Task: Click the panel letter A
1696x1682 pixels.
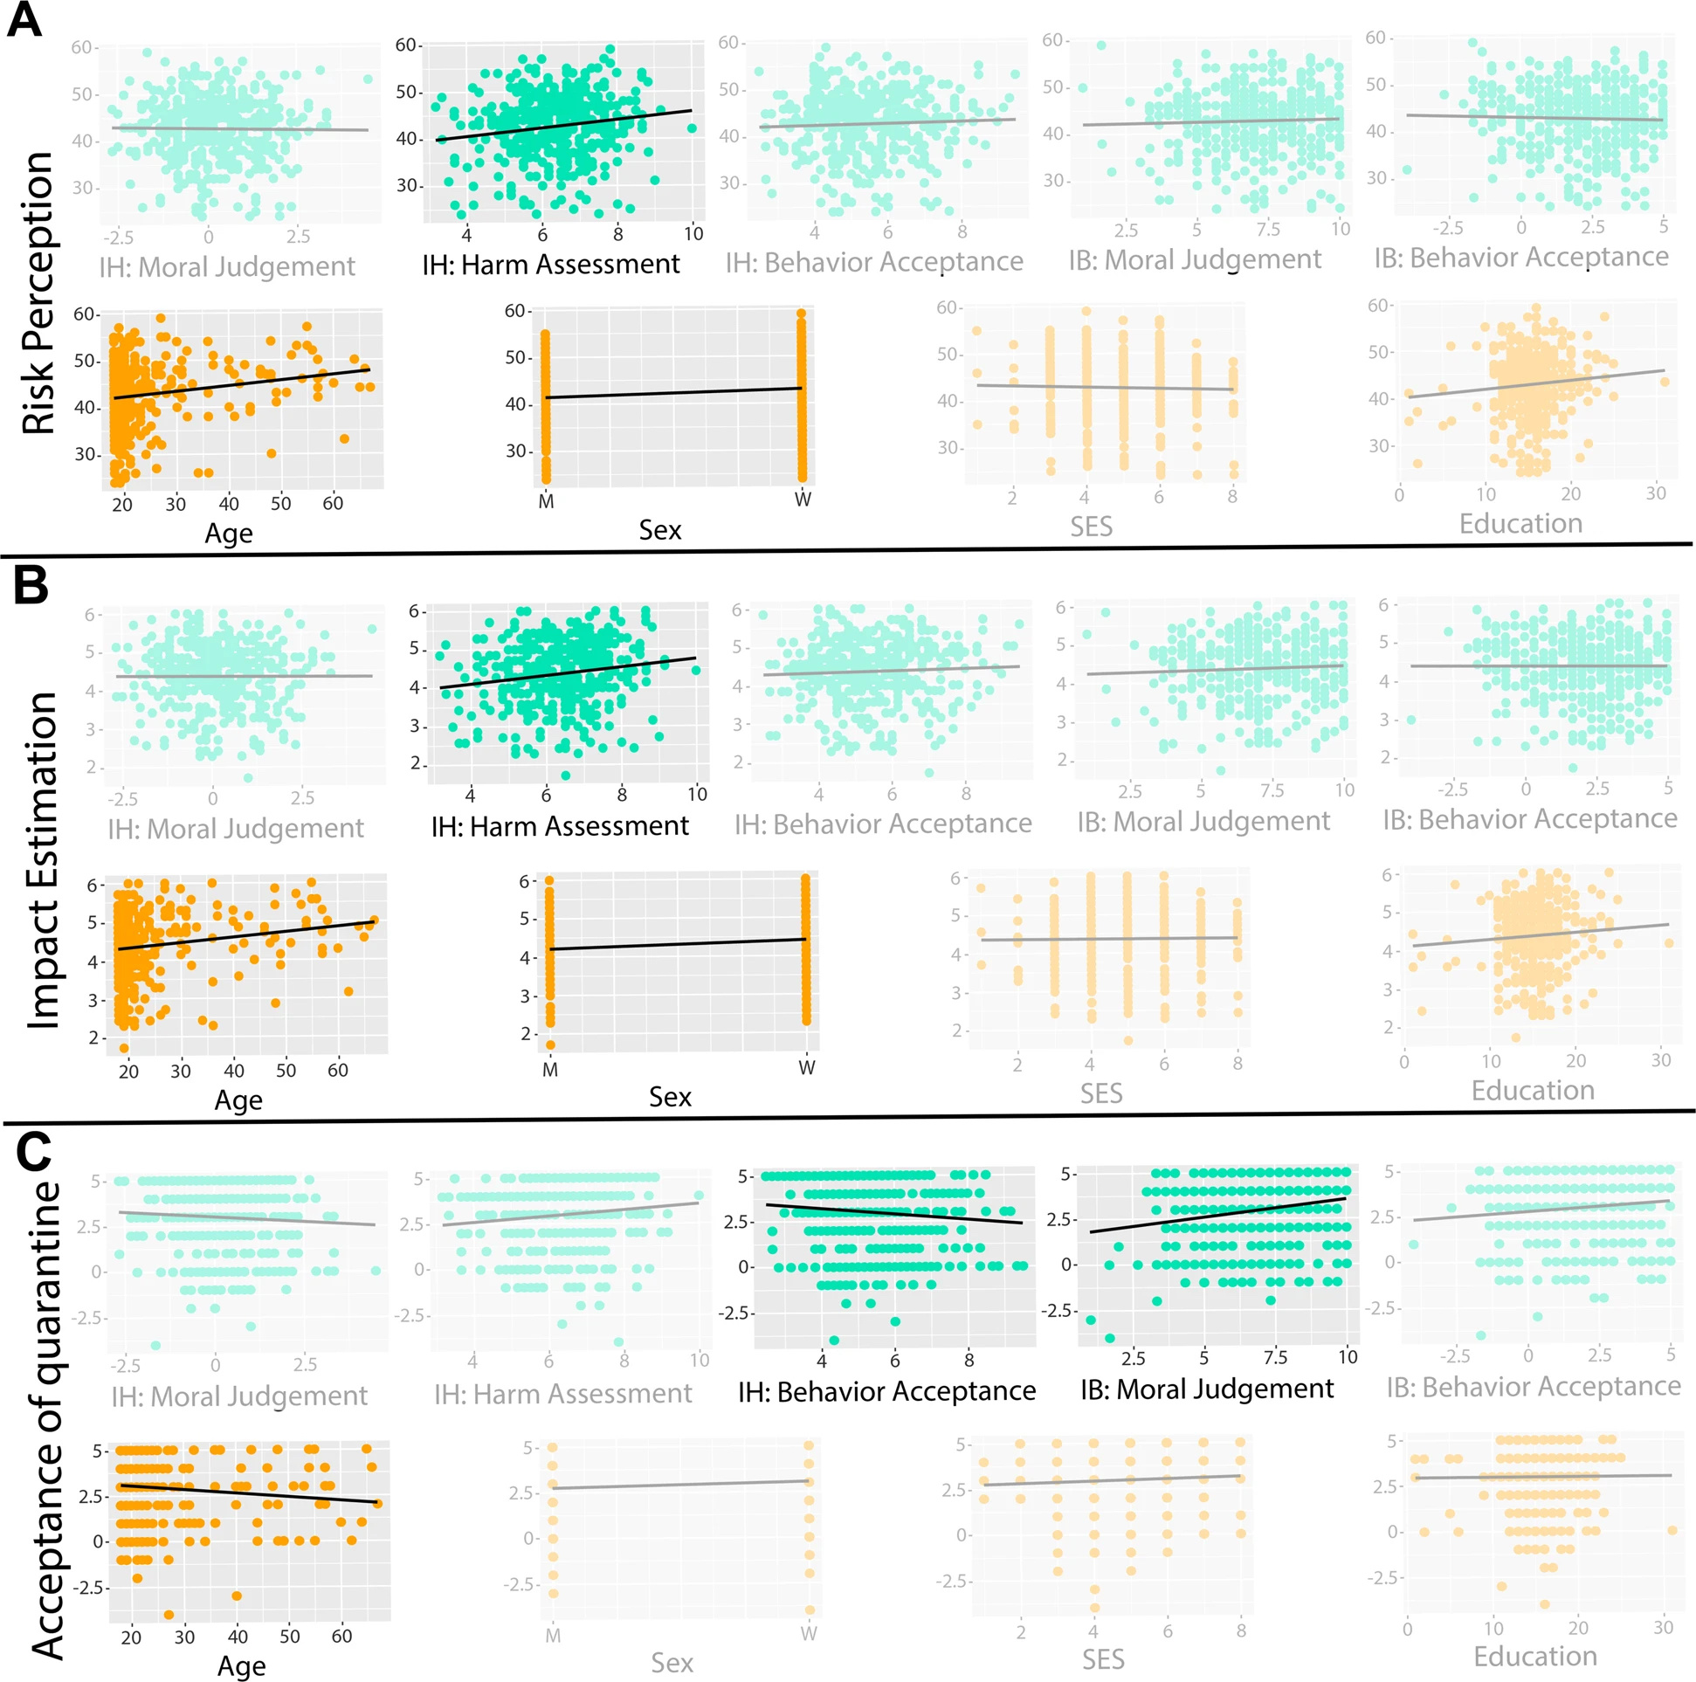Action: (24, 19)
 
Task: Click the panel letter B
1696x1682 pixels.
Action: (31, 583)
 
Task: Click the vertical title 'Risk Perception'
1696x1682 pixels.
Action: (39, 293)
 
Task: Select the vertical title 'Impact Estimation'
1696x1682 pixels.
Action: (42, 860)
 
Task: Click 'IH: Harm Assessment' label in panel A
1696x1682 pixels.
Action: (550, 265)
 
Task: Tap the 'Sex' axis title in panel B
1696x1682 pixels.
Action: (670, 1097)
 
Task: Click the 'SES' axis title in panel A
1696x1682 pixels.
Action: (1091, 526)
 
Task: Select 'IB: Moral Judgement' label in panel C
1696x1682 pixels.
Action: (1206, 1389)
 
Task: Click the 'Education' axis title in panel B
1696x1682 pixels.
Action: (1533, 1090)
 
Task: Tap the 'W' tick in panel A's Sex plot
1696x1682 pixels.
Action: (803, 500)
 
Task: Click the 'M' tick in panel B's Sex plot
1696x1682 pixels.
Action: (550, 1068)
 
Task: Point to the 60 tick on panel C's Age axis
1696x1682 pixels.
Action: (341, 1637)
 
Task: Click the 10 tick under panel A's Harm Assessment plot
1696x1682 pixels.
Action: (693, 233)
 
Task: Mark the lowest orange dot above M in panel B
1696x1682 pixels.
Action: (550, 1044)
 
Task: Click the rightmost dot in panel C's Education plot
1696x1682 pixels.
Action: (1672, 1530)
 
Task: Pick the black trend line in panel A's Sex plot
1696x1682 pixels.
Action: (673, 392)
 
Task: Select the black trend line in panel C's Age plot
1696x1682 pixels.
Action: (249, 1493)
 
